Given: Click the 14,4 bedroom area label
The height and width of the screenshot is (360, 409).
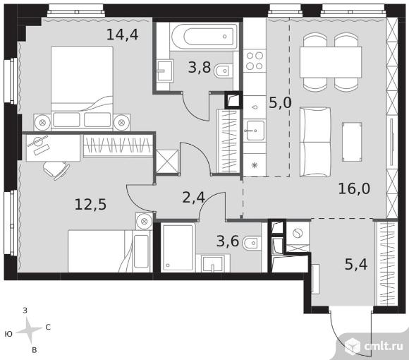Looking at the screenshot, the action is coord(122,35).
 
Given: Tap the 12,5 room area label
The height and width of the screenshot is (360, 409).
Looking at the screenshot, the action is coord(90,204).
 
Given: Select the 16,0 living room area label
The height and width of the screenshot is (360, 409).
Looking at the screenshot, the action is coord(354,188).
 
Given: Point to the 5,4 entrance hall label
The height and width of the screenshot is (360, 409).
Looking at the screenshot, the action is coord(356,264).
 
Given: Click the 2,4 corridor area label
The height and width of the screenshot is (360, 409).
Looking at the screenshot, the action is coord(193,198).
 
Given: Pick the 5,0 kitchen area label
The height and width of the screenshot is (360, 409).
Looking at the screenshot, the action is coord(280,102).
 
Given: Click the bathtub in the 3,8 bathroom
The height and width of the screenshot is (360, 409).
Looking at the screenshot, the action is coord(204,37).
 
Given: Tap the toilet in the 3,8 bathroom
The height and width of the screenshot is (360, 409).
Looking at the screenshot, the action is coord(224,71).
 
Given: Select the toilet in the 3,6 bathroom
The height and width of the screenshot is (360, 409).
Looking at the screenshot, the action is coord(252,244).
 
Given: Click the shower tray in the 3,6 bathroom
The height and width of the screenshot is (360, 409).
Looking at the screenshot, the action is coord(178,247).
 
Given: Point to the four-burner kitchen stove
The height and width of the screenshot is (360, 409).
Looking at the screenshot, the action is coord(255,61).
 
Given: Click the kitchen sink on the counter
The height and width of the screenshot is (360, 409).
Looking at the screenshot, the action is coord(255,131).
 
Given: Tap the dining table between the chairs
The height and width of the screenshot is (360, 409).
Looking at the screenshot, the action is coord(331,62).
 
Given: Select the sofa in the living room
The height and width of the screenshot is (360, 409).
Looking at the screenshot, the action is coord(315,142).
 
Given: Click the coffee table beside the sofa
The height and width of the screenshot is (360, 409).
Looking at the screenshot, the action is coord(352,142).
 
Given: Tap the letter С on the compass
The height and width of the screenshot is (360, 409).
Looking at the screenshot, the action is coord(48,327).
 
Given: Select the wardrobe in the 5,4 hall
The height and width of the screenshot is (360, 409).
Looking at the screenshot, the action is coord(386,263).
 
